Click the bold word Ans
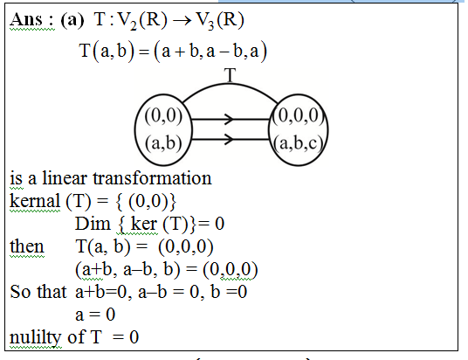pos(26,20)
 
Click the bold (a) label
pos(72,20)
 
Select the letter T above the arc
pos(230,74)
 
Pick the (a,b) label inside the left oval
pos(163,142)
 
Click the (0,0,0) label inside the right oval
pos(298,115)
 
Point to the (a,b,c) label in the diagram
pos(298,143)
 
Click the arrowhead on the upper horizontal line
pos(229,119)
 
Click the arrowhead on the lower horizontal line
pos(229,139)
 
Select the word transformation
pos(152,178)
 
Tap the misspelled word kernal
pos(35,200)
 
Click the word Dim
pos(93,224)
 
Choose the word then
pos(27,246)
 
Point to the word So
pos(20,292)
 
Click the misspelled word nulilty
pos(35,337)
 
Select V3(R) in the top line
pos(220,21)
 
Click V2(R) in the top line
pos(142,21)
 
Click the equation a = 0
pos(95,315)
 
